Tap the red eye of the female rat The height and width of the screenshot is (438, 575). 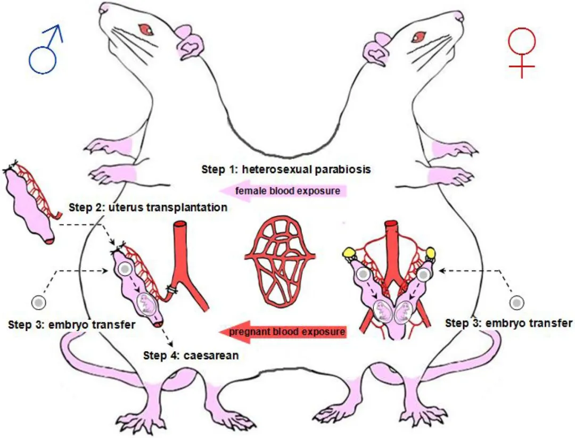(x=419, y=36)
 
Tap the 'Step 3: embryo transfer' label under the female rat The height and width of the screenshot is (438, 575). (x=509, y=323)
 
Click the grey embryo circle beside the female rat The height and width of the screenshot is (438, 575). (x=516, y=302)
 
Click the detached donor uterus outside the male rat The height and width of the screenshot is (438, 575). (x=30, y=204)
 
